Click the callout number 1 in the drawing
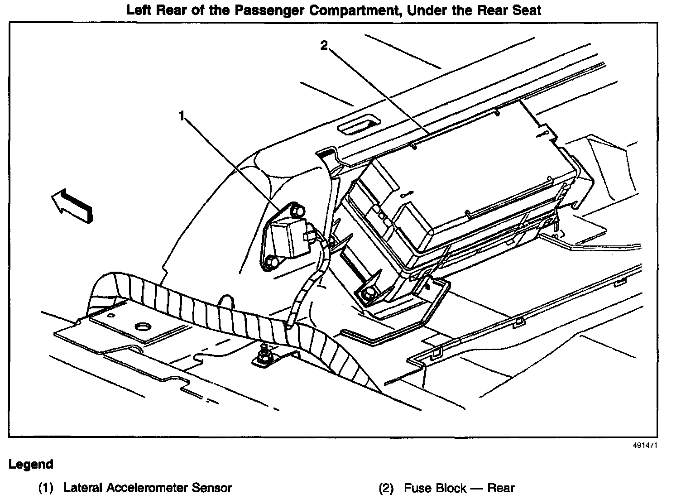click(182, 116)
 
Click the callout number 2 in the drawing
click(324, 46)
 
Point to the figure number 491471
click(645, 445)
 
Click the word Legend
click(31, 464)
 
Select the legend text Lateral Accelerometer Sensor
click(148, 488)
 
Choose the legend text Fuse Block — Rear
click(459, 488)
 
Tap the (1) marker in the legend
click(46, 488)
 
